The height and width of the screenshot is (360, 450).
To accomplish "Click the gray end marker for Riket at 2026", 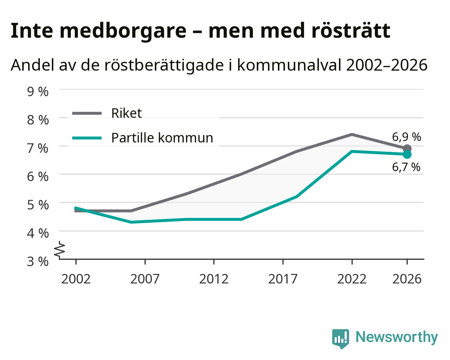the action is (407, 149).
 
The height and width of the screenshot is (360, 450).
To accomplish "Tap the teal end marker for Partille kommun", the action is (407, 155).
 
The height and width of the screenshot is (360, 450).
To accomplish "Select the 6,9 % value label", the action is (406, 137).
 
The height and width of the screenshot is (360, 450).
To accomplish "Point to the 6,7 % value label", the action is (406, 167).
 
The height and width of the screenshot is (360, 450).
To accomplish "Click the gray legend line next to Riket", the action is (87, 113).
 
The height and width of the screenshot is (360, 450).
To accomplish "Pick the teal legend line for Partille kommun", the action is (87, 138).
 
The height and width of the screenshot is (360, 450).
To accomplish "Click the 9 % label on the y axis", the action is (38, 92).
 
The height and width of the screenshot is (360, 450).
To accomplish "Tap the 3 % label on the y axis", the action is (38, 262).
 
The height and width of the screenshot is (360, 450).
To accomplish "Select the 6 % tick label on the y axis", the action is (38, 177).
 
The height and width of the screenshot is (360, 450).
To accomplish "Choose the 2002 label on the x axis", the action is (76, 279).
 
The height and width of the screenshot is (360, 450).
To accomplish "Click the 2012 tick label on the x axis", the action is (214, 279).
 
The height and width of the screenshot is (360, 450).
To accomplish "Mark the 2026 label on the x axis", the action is (407, 279).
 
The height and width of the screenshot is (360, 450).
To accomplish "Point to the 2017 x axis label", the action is (283, 279).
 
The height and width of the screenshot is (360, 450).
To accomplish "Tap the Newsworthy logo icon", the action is (341, 339).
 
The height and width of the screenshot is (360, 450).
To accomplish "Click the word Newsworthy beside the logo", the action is (397, 337).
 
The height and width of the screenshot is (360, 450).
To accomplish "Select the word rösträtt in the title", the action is (351, 31).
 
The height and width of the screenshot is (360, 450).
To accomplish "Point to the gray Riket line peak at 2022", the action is (352, 134).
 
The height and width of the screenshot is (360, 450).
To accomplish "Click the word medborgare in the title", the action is (123, 31).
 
